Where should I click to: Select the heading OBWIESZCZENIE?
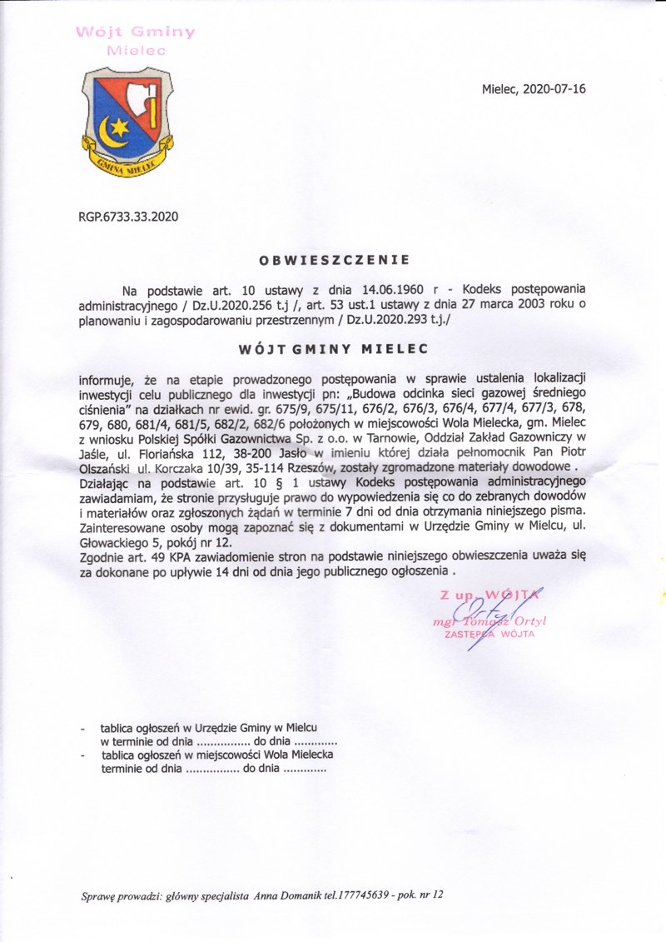pos(334,259)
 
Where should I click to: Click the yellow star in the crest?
pos(122,127)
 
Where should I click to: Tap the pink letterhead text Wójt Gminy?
pos(136,32)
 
